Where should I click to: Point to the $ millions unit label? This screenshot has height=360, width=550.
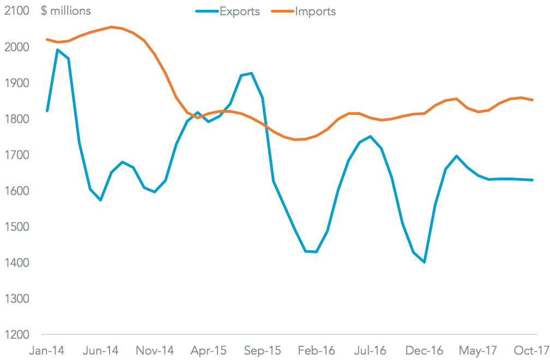(66, 11)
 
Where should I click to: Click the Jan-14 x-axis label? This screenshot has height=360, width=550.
(46, 350)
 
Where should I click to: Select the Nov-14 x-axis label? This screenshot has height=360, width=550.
(155, 350)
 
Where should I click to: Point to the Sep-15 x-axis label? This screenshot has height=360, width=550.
(263, 350)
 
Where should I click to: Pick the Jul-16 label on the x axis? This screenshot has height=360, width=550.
(371, 350)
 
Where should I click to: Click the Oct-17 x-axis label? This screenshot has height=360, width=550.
(532, 350)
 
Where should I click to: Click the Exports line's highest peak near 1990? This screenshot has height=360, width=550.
(58, 50)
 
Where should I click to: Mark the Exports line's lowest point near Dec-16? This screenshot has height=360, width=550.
(424, 263)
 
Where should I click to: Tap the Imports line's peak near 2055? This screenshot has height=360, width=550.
(111, 27)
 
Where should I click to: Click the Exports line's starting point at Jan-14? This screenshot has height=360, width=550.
(47, 111)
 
